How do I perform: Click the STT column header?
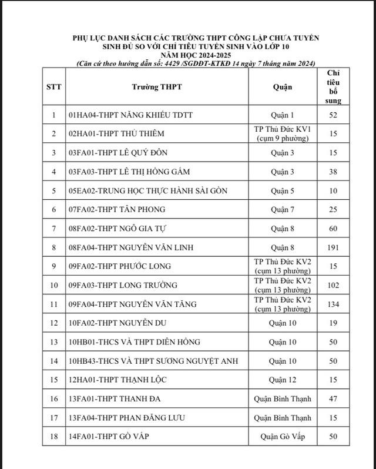tap(53, 87)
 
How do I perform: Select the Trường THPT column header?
tap(156, 87)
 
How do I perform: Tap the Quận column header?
tap(283, 87)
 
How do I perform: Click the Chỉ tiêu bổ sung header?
tap(333, 86)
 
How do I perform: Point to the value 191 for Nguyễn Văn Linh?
tap(333, 247)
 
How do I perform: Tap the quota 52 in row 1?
tap(333, 115)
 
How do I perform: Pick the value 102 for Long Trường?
tap(333, 285)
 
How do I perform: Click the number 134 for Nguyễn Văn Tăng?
tap(333, 304)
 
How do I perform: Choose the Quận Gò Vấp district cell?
tap(283, 437)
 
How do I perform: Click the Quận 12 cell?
tap(283, 380)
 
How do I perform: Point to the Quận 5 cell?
tap(283, 190)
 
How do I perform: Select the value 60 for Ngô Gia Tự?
tap(333, 228)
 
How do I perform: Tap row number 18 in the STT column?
tap(53, 437)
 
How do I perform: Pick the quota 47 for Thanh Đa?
tap(333, 399)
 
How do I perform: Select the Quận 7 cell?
tap(283, 209)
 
